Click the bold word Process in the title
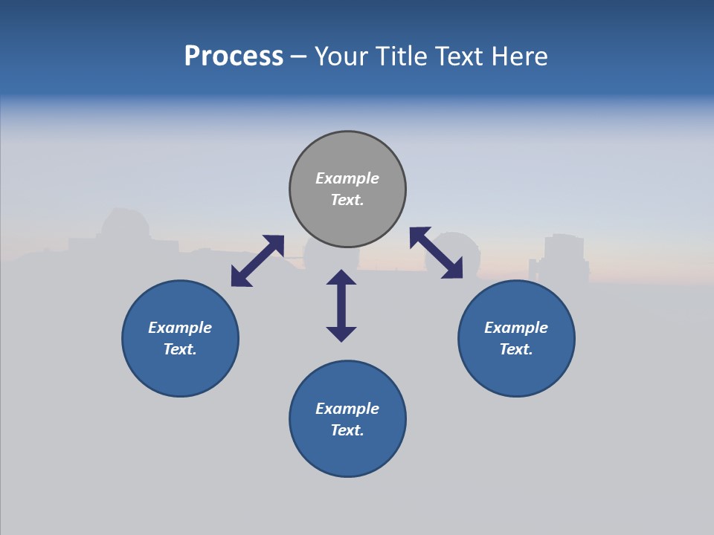click(234, 56)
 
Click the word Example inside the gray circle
click(347, 178)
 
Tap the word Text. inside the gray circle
click(347, 200)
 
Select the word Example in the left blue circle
click(180, 328)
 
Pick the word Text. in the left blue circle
click(180, 349)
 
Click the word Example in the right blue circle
click(516, 328)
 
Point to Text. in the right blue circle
click(516, 349)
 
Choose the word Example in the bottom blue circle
click(347, 409)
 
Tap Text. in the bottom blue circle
click(347, 430)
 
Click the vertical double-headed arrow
click(341, 305)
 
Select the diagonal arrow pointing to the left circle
click(257, 261)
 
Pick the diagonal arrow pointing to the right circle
click(436, 253)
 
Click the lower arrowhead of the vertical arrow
click(341, 334)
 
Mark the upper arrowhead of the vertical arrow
click(341, 277)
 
